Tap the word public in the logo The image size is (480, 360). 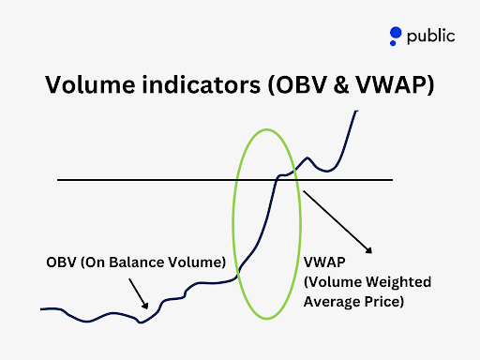[431, 37]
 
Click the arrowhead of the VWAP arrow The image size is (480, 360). [370, 250]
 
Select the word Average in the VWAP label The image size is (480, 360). [333, 303]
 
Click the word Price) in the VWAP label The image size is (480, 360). [384, 303]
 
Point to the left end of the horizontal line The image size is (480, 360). [58, 179]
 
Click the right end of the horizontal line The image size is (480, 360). [393, 179]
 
